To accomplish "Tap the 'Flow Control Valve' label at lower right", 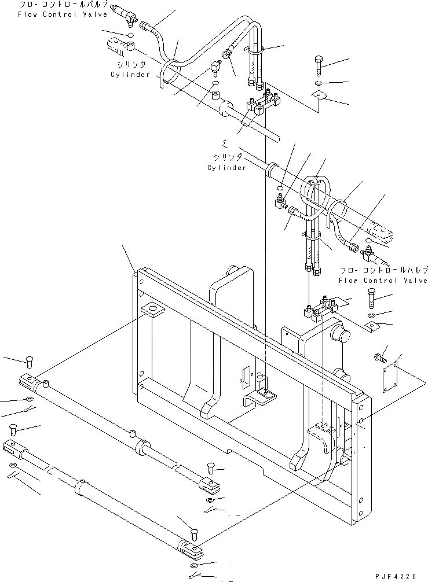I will coord(383,281).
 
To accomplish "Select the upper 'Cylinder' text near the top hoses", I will coord(130,75).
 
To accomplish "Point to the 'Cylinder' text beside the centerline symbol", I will coord(226,168).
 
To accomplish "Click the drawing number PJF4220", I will coord(400,576).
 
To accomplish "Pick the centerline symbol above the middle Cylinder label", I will coord(225,142).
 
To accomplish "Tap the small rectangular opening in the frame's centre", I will coord(244,378).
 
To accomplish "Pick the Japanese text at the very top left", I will coord(63,5).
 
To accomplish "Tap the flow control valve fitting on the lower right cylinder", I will coord(367,252).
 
